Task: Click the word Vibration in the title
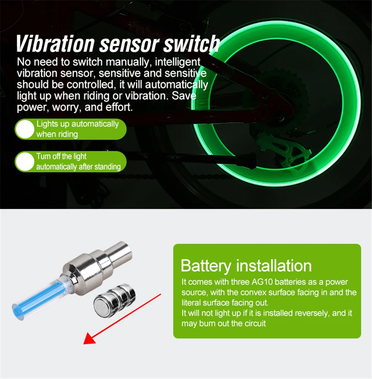pyautogui.click(x=55, y=44)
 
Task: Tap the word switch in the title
pyautogui.click(x=192, y=44)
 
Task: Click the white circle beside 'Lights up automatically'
pyautogui.click(x=25, y=129)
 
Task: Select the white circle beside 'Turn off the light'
pyautogui.click(x=25, y=162)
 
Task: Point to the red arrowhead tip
pyautogui.click(x=84, y=344)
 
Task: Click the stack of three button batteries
pyautogui.click(x=115, y=299)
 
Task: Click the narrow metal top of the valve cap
pyautogui.click(x=121, y=251)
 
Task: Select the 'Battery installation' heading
pyautogui.click(x=246, y=266)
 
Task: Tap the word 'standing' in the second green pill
pyautogui.click(x=108, y=166)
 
